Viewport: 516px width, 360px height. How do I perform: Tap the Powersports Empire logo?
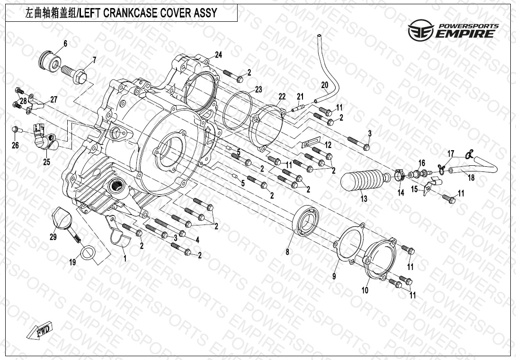[453, 31]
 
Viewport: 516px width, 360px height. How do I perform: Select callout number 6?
[65, 44]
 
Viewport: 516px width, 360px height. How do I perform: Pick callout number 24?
[218, 54]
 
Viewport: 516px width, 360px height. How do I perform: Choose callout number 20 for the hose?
[324, 85]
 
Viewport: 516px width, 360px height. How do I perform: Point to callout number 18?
[471, 178]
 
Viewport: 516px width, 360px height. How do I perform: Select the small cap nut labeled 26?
[16, 129]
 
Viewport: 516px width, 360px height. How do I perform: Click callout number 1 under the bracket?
[125, 259]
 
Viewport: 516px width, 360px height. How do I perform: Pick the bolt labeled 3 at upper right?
[359, 141]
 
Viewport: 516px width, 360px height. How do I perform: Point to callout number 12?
[328, 144]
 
